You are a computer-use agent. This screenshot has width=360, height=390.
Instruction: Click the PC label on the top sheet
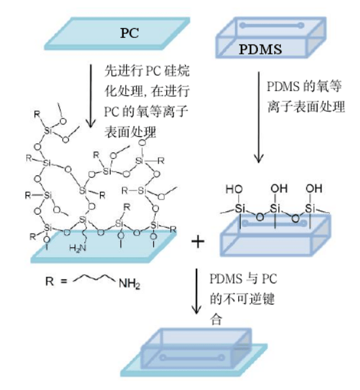coord(130,33)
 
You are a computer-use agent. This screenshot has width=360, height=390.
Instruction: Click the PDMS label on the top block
coord(261,49)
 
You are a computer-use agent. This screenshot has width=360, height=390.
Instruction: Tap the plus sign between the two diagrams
coord(198,241)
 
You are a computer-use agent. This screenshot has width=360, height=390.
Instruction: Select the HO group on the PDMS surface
coord(234,189)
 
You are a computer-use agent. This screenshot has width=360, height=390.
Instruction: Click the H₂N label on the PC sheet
coord(78,248)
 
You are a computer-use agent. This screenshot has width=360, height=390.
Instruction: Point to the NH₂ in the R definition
coord(130,283)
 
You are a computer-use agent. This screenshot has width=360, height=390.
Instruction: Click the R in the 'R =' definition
coord(50,281)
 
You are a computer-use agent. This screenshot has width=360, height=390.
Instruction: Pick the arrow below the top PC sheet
coord(91,96)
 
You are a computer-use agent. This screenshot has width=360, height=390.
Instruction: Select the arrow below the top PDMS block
coord(259,117)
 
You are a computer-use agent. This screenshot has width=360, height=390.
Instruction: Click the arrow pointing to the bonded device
coord(196,291)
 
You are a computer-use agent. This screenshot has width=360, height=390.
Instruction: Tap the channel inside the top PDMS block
coord(272,25)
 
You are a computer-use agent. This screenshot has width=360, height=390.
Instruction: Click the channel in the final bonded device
coord(192,358)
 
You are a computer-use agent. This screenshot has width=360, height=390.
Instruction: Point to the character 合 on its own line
coord(216,319)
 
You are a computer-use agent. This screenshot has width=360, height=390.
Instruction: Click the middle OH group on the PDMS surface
coord(279,188)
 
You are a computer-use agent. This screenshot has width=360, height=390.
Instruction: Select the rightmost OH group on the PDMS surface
coord(314,188)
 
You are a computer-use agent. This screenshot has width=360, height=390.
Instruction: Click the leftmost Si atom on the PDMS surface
coord(240,208)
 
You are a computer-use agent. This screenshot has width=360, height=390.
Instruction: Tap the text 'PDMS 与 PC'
coord(243,279)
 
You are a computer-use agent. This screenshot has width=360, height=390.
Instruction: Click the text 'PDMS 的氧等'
coord(304,86)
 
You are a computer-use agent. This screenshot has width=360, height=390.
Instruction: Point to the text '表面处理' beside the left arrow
coord(130,132)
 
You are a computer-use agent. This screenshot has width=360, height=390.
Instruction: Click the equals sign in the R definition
coord(63,281)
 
